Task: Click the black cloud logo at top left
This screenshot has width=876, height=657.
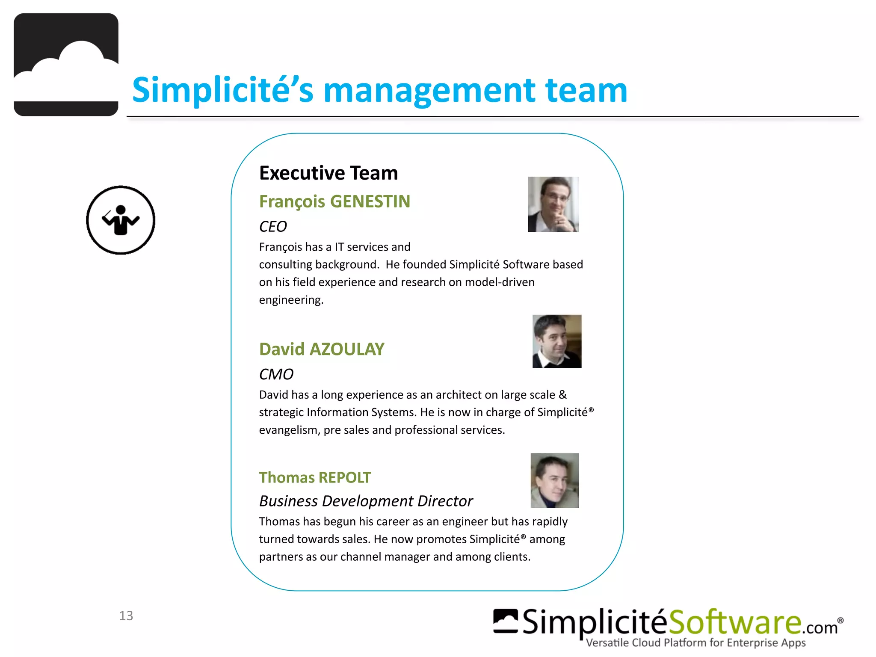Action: click(x=66, y=65)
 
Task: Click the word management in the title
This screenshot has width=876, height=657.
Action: click(x=429, y=90)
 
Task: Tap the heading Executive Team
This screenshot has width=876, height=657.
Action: click(x=328, y=173)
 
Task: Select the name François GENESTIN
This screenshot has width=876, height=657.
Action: click(x=334, y=201)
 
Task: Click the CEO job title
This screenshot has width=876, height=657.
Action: click(x=273, y=226)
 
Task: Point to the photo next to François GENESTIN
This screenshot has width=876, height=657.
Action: click(x=553, y=204)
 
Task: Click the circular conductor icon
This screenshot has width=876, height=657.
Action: click(x=121, y=220)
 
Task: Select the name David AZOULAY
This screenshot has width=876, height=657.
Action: click(x=322, y=349)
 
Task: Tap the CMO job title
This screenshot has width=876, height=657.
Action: click(x=276, y=374)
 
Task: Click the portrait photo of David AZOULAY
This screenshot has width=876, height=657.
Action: click(x=556, y=341)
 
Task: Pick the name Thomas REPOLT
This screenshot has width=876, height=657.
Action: click(x=315, y=477)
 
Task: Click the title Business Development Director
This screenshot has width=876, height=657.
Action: click(x=366, y=501)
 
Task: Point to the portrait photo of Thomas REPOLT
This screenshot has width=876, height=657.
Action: click(x=554, y=480)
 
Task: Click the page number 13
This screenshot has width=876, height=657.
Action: click(x=126, y=616)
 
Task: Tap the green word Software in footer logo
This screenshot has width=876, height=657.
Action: click(x=734, y=622)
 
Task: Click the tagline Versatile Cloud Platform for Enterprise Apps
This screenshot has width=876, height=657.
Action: click(x=695, y=643)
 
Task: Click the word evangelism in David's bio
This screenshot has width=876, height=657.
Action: click(x=289, y=430)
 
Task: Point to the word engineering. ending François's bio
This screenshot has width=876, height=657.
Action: click(x=291, y=300)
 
